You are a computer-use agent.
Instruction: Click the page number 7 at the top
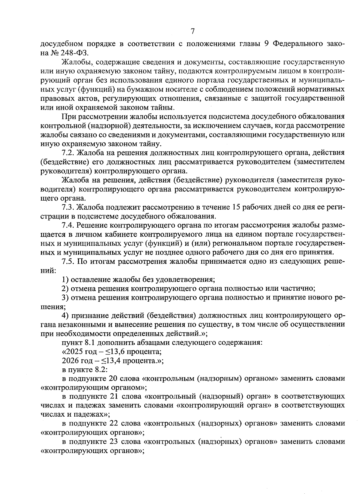(192, 31)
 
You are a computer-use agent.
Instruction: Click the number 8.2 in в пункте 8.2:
(98, 370)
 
